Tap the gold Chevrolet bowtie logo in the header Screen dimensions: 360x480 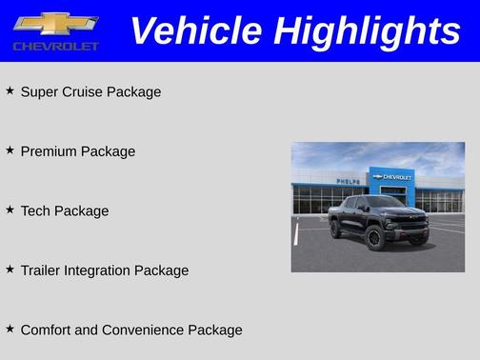(55, 24)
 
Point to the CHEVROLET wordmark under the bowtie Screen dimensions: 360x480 (54, 47)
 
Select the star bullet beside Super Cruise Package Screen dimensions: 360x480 (10, 90)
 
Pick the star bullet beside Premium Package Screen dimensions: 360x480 (10, 150)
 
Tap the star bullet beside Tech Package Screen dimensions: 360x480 (10, 209)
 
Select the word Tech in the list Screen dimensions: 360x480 (35, 210)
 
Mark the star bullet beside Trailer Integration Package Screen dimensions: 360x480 (10, 269)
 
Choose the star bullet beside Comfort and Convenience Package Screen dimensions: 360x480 (10, 328)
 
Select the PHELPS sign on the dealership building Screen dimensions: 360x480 (349, 181)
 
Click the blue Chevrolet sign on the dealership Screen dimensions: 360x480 (391, 177)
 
